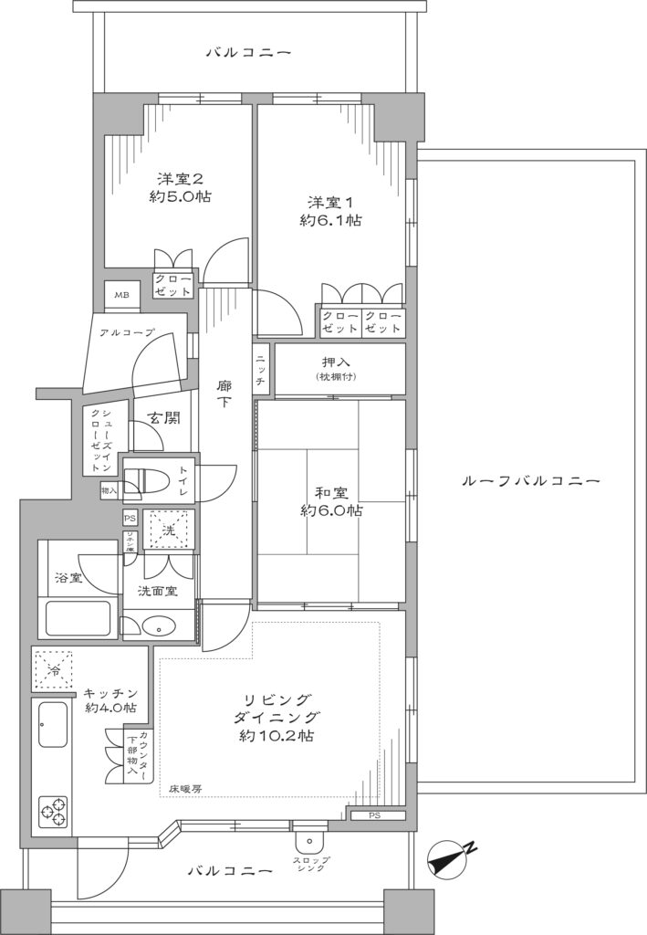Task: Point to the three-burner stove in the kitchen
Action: [x=53, y=809]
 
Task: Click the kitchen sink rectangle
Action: [x=52, y=727]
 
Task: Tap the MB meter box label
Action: [x=121, y=294]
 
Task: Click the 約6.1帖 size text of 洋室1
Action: [x=331, y=220]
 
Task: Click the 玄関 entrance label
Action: [x=164, y=418]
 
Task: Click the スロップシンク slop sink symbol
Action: [x=310, y=842]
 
